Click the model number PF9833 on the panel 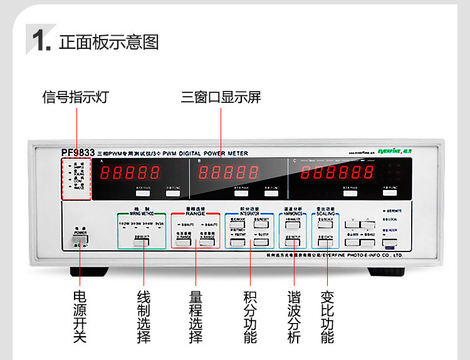pyautogui.click(x=78, y=152)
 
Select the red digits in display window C pyautogui.click(x=331, y=173)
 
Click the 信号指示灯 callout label pyautogui.click(x=76, y=97)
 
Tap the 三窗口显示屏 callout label pyautogui.click(x=221, y=97)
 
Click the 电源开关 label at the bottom pyautogui.click(x=80, y=316)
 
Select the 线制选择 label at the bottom pyautogui.click(x=144, y=316)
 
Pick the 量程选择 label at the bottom pyautogui.click(x=196, y=316)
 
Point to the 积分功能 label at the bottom pyautogui.click(x=249, y=316)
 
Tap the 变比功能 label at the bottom pyautogui.click(x=327, y=316)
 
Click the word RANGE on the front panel pyautogui.click(x=196, y=213)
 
